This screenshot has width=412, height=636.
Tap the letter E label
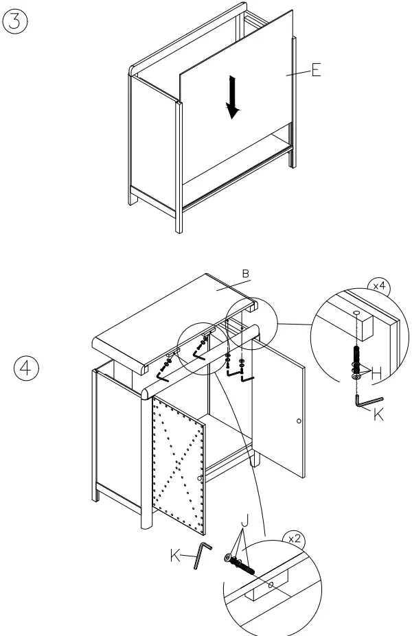point(315,71)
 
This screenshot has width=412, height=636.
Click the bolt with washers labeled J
point(241,564)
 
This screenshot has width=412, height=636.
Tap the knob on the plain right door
point(299,420)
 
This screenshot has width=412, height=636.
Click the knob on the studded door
point(198,477)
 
